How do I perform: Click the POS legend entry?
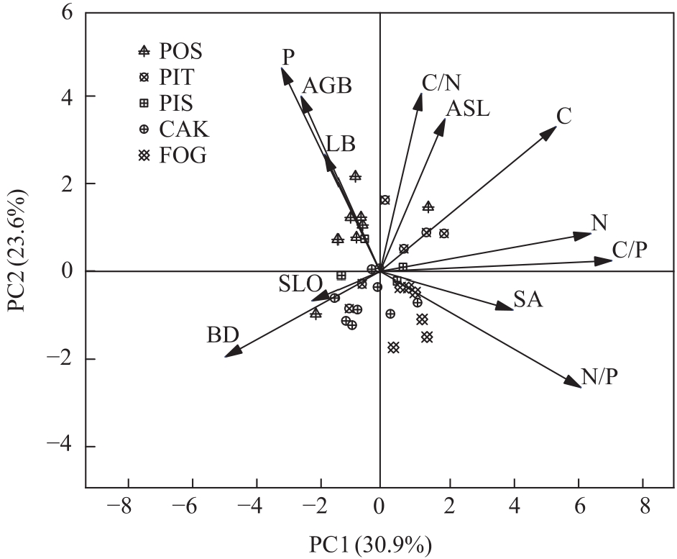[x=172, y=52]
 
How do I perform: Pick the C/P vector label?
[x=630, y=250]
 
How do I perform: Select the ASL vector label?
[x=467, y=109]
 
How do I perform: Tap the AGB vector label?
[x=327, y=86]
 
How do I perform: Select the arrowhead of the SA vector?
[x=512, y=309]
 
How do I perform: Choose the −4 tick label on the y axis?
[x=58, y=447]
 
